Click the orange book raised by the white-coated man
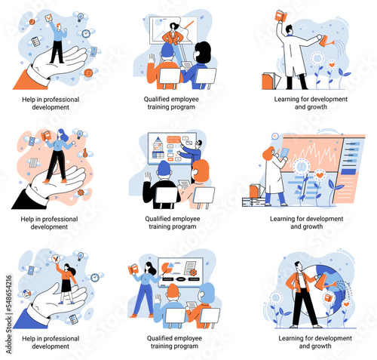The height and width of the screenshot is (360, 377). [x=281, y=16]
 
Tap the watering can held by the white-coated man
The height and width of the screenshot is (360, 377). [x=327, y=42]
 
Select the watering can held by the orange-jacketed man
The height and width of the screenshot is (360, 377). [x=323, y=282]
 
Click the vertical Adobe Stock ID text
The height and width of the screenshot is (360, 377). [x=8, y=315]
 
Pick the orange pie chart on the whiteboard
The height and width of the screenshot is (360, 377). [x=166, y=267]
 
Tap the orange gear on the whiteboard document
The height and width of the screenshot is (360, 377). [x=193, y=272]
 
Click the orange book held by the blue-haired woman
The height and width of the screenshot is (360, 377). [x=46, y=135]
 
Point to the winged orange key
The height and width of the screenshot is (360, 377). [x=85, y=153]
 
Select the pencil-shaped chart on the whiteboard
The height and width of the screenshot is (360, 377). [x=158, y=147]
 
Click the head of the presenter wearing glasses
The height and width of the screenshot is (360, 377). [x=198, y=143]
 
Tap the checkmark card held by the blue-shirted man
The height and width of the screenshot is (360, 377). [x=48, y=17]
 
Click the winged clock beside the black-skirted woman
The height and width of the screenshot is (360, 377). [x=95, y=277]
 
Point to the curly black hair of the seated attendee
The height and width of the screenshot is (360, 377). [x=204, y=52]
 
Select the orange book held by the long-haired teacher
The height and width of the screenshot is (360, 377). [x=133, y=269]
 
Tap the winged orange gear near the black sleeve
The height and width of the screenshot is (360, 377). [x=81, y=192]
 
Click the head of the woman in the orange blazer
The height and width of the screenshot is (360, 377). [x=173, y=26]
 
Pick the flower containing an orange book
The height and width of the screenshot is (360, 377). [x=329, y=298]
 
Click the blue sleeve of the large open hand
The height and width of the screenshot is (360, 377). [x=30, y=319]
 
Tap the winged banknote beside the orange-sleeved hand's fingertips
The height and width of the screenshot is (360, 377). [x=94, y=51]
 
